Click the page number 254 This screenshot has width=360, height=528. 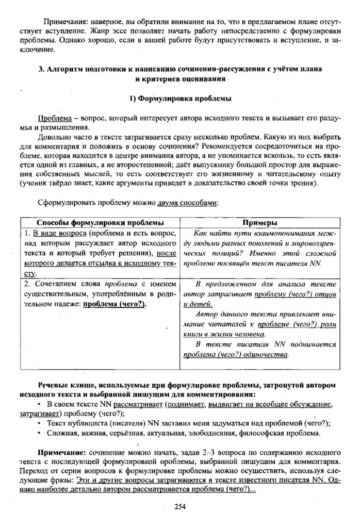click(x=179, y=506)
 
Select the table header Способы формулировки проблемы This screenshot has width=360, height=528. click(x=100, y=222)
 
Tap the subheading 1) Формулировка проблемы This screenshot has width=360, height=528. click(x=179, y=98)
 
